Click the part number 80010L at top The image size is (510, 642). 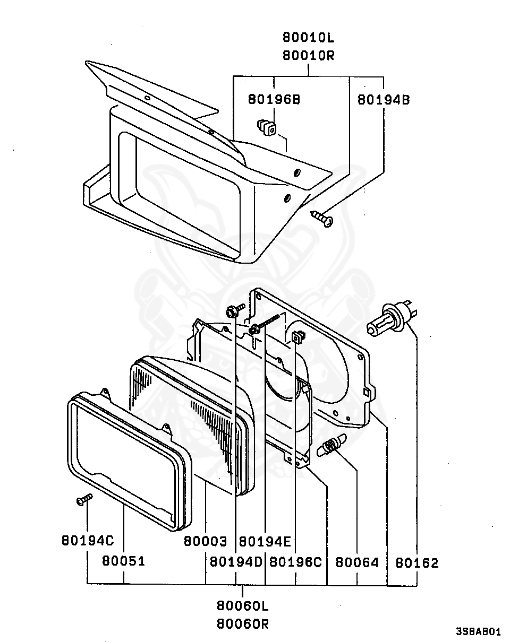[x=309, y=38]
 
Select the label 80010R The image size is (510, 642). [x=309, y=55]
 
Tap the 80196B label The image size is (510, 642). [x=274, y=99]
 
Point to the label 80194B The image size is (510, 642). [x=383, y=99]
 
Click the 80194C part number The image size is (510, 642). [x=88, y=541]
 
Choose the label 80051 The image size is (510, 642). [x=124, y=561]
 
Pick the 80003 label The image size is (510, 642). [x=206, y=541]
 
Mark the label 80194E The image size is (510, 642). [x=265, y=541]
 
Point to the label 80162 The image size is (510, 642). [x=417, y=562]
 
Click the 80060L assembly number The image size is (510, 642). [x=242, y=605]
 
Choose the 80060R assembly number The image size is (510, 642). [x=242, y=624]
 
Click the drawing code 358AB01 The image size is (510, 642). [x=478, y=632]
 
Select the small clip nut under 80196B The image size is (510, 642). [x=267, y=127]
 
